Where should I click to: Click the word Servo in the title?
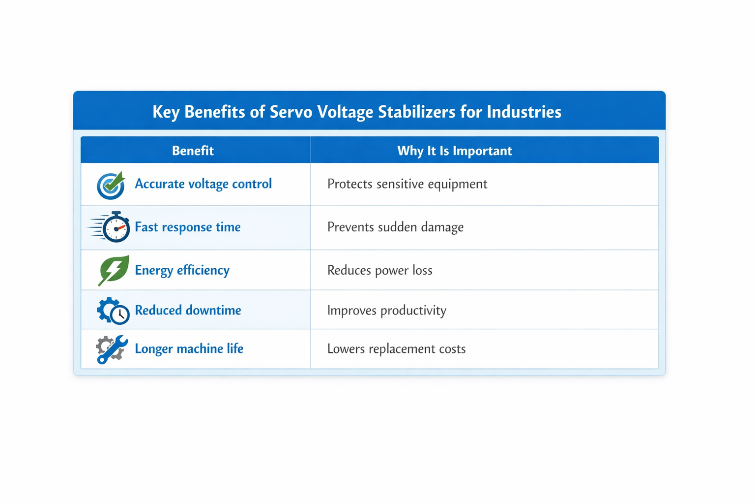(291, 112)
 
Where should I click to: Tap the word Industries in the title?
(524, 112)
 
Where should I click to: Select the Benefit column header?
(193, 151)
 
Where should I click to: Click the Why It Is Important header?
(455, 151)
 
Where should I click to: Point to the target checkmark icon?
(111, 186)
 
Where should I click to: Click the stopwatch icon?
(109, 227)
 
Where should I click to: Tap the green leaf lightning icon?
(113, 270)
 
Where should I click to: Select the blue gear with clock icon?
(113, 311)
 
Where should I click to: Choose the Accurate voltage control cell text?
(203, 184)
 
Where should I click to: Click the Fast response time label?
(188, 227)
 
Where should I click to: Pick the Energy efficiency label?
(182, 270)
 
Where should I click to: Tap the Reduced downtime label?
(188, 310)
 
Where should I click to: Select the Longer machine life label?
(189, 349)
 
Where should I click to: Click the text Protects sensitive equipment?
(407, 184)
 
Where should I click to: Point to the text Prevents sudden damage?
(395, 227)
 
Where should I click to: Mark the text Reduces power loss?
(380, 270)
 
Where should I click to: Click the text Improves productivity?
(387, 311)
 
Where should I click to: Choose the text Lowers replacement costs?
(396, 349)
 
